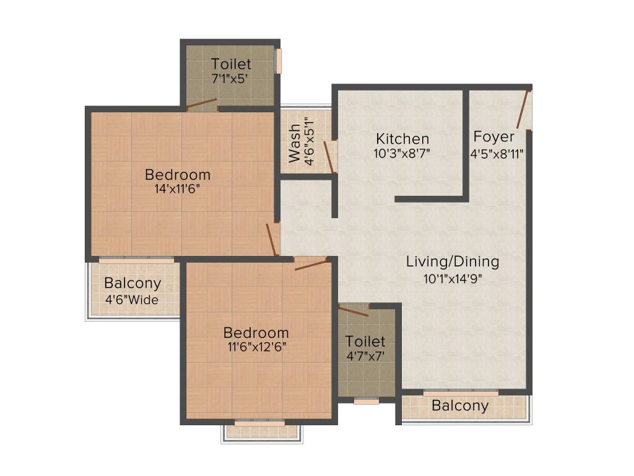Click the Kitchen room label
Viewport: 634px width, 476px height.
coord(403,139)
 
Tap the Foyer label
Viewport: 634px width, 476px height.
coord(493,136)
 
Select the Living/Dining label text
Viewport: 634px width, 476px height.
coord(452,262)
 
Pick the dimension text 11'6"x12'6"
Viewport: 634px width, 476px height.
coord(256,347)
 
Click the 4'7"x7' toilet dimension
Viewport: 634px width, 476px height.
coord(365,356)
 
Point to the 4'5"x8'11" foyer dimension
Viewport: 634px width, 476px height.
coord(499,152)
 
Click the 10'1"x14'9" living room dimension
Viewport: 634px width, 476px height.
coord(452,278)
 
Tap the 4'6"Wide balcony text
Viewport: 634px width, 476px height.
coord(132,301)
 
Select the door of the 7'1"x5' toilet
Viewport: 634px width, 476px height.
coord(202,104)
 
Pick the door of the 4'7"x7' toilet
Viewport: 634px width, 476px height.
coord(354,311)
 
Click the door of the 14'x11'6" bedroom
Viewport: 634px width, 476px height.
coord(271,239)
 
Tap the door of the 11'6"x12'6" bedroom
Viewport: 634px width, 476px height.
coord(311,265)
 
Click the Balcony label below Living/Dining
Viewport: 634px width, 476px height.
coord(459,406)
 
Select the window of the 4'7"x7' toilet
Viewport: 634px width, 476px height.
coord(367,401)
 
